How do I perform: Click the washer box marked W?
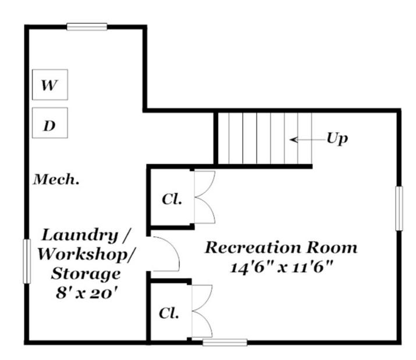(50, 85)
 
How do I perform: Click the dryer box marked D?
(50, 123)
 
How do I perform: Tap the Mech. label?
(56, 179)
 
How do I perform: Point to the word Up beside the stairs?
(337, 138)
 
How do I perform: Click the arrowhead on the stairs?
(293, 140)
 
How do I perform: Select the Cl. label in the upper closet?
(172, 199)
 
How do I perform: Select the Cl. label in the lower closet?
(169, 313)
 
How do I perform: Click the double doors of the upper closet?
(205, 197)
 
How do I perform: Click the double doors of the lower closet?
(202, 311)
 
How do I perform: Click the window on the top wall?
(87, 27)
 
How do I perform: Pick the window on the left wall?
(27, 261)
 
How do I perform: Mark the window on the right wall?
(399, 209)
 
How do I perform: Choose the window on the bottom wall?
(225, 342)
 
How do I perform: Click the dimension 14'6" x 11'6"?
(281, 268)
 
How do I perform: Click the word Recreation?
(253, 247)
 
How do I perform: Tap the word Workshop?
(86, 254)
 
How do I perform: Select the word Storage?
(86, 274)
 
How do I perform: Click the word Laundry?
(80, 235)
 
